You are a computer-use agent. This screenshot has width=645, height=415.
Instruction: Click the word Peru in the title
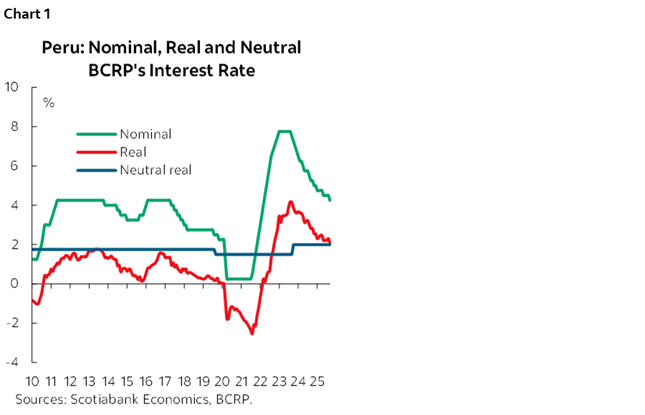[x=59, y=48]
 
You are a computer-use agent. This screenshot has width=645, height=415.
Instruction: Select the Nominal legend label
[x=145, y=134]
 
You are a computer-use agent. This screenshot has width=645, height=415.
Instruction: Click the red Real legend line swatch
[x=96, y=152]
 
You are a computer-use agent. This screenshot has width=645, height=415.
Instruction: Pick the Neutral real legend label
[x=156, y=171]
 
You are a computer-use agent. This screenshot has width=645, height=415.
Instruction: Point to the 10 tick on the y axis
[x=12, y=87]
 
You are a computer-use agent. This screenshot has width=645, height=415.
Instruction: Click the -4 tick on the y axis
[x=12, y=363]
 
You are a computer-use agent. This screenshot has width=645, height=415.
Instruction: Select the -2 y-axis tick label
[x=12, y=323]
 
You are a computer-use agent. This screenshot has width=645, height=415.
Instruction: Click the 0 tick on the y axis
[x=15, y=284]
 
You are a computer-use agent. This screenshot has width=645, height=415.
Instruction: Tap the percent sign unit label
[x=49, y=102]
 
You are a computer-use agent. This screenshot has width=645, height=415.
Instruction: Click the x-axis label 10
[x=32, y=382]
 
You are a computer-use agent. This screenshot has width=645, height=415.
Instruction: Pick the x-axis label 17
[x=166, y=382]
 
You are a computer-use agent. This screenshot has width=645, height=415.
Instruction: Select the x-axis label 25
[x=317, y=382]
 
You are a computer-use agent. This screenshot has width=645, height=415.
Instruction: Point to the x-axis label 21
[x=242, y=382]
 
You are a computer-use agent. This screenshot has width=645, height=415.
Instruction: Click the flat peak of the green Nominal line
[x=284, y=131]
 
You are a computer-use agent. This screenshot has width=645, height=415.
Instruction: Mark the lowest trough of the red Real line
[x=252, y=333]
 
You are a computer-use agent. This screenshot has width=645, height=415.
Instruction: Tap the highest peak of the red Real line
[x=290, y=202]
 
